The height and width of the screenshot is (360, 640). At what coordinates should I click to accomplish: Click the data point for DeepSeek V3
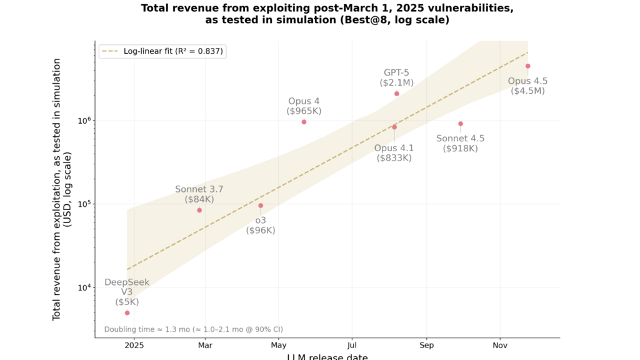tap(127, 312)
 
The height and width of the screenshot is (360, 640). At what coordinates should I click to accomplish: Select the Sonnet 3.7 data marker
tap(199, 210)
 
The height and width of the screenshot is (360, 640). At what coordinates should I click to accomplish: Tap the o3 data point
tap(261, 206)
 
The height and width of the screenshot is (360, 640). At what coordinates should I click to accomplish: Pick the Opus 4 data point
tap(304, 122)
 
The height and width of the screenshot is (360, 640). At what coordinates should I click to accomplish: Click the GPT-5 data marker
tap(396, 94)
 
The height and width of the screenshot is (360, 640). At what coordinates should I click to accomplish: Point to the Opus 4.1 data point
tap(394, 127)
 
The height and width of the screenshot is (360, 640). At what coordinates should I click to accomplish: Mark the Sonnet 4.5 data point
tap(461, 124)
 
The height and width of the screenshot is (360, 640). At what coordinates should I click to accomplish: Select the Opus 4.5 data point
tap(527, 66)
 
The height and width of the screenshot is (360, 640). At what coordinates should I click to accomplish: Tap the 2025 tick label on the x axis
tap(134, 345)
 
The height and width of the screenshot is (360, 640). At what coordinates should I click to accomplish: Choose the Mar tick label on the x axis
tap(205, 345)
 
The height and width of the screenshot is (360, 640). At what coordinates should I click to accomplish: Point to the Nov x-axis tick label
tap(500, 345)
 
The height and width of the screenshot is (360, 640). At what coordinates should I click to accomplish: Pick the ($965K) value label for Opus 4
tap(304, 111)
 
